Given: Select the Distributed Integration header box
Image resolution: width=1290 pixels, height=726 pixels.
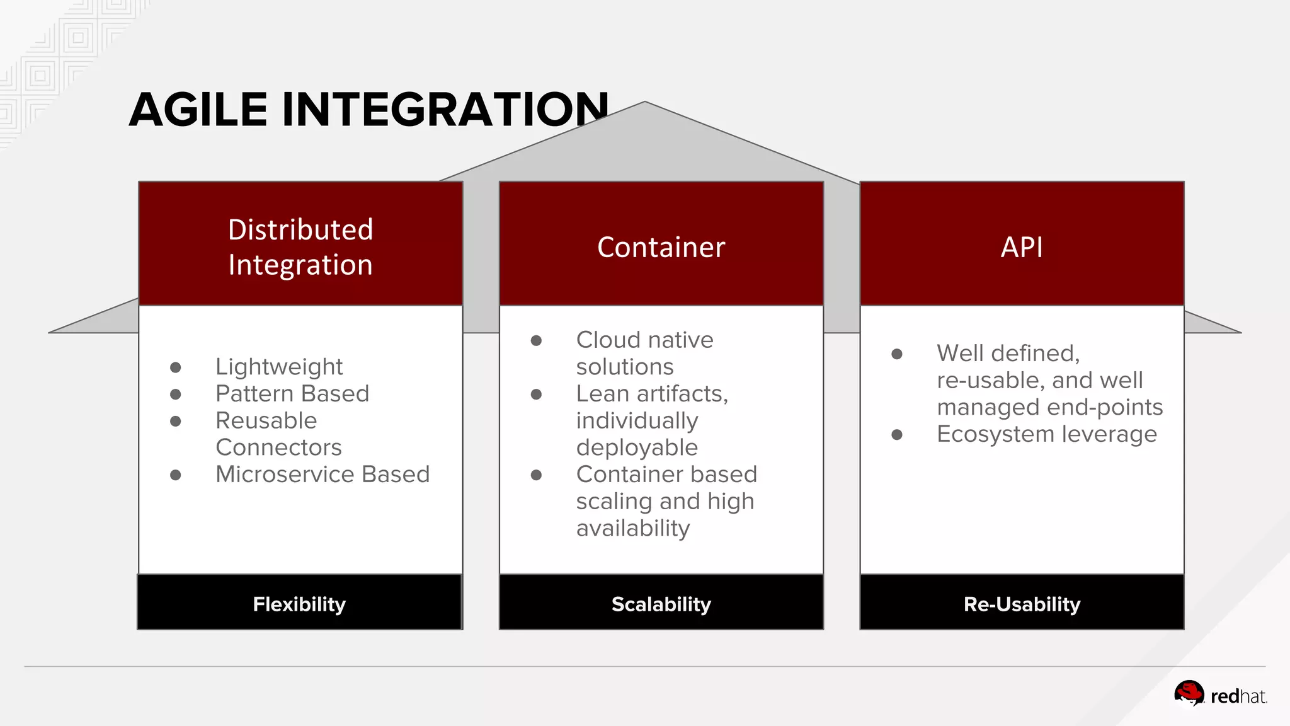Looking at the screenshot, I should click(300, 246).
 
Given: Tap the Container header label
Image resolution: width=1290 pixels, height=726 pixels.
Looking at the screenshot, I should click(661, 247).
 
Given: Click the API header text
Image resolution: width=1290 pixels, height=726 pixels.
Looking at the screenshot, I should click(1022, 247).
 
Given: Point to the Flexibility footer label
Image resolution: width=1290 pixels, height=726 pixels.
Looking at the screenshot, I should click(299, 604).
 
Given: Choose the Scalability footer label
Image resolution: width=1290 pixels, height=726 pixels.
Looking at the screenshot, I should click(661, 604).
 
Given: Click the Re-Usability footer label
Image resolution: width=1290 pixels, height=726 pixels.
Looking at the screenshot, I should click(1022, 604).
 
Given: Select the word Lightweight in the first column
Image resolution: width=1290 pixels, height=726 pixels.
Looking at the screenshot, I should click(279, 367).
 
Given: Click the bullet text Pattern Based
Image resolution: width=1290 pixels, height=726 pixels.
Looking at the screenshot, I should click(292, 394).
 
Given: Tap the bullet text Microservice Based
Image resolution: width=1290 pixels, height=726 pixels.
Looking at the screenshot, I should click(322, 475).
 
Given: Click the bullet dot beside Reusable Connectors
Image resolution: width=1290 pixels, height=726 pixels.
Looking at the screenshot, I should click(176, 421).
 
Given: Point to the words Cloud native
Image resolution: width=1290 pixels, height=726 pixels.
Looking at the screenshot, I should click(644, 340).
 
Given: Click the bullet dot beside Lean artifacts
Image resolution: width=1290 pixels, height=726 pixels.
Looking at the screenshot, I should click(536, 395).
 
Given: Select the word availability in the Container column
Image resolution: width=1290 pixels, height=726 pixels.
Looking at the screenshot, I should click(633, 528).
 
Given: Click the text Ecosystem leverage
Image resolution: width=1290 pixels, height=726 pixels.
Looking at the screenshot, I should click(1046, 434).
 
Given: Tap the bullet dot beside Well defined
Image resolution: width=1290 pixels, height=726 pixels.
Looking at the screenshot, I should click(897, 354).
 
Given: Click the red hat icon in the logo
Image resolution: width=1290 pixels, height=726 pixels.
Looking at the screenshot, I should click(1189, 694).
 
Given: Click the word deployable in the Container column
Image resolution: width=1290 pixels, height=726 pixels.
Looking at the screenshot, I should click(637, 447).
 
